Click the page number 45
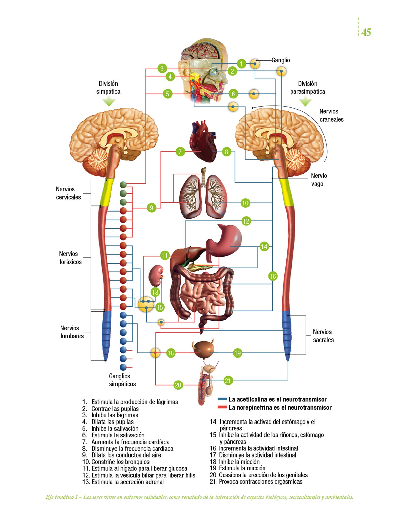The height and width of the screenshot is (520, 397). coord(366,32)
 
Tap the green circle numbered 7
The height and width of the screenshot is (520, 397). coord(180,152)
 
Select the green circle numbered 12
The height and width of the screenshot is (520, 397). coord(246,221)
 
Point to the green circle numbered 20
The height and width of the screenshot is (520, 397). coord(178,385)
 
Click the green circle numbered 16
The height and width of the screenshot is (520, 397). coord(273,276)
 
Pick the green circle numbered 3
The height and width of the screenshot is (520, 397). coord(162,68)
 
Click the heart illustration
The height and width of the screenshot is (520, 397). coord(203,142)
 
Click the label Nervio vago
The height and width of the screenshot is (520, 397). coord(319,180)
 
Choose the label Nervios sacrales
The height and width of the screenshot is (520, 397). coord(323,336)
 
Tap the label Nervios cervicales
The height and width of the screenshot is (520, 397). coord(69,193)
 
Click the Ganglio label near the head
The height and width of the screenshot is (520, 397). coord(280,60)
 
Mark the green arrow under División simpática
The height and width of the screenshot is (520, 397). coord(109,102)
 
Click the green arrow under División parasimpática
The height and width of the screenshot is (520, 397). coord(305,102)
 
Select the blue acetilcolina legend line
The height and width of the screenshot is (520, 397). coord(222,399)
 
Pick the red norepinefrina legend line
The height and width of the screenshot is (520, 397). coord(222,407)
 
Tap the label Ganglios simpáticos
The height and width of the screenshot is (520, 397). coord(122,380)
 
